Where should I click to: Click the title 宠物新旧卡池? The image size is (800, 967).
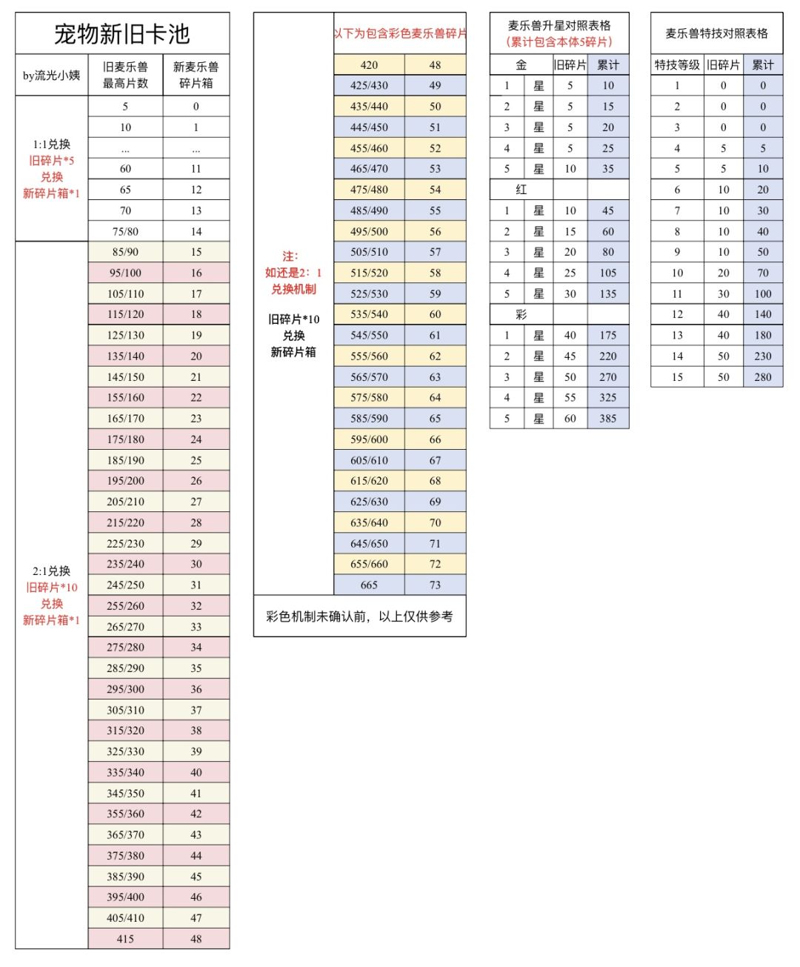point(122,33)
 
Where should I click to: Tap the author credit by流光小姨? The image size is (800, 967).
point(51,75)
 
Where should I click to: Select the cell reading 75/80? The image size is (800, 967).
point(125,231)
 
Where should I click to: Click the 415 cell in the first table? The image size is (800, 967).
point(125,938)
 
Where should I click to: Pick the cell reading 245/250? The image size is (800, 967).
point(125,585)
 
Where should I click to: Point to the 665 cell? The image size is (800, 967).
point(369,585)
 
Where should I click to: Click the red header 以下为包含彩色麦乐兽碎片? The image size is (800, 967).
point(400,33)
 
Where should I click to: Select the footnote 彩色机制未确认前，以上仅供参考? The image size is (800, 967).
point(359,616)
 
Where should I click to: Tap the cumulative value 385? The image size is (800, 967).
point(607,418)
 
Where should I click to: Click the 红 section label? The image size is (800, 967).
point(521,190)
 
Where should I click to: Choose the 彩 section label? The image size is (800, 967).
point(521,314)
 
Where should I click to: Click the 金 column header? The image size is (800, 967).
point(521,65)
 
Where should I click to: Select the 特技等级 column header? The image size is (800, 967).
point(676,65)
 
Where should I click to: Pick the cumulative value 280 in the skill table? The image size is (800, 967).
point(762,376)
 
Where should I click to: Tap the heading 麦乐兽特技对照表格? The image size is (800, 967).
point(716,33)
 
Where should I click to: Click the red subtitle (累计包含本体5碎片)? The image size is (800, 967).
point(559,42)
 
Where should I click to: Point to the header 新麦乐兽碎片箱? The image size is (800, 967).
point(196,75)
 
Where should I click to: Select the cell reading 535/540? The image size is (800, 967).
point(369,314)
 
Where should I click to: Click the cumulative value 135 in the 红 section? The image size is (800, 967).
point(607,293)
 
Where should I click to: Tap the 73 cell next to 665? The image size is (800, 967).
point(435,585)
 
